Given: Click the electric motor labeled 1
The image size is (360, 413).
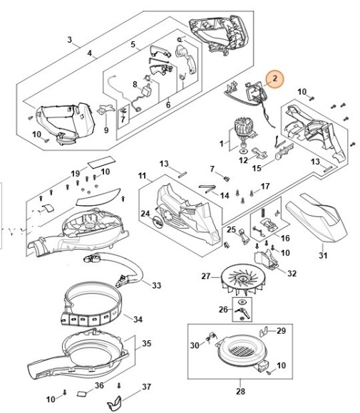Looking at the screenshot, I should coord(241,135).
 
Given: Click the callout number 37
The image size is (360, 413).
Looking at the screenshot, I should coord(147,387).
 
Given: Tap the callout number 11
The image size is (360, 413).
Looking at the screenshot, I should coord(142,175).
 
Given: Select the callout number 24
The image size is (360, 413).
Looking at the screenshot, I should coord(145,213).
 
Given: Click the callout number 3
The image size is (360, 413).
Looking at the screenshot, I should coord(69,40).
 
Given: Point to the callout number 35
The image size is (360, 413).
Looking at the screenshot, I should coord(147,344).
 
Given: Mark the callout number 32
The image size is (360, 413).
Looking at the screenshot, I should coord(292,272).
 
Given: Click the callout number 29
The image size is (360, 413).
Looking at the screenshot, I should coord(281,331).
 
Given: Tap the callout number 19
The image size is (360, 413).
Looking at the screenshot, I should coord(75,174).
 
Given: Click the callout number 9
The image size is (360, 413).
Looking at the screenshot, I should coord(106,130).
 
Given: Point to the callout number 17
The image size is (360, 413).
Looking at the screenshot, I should coord(265,187).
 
